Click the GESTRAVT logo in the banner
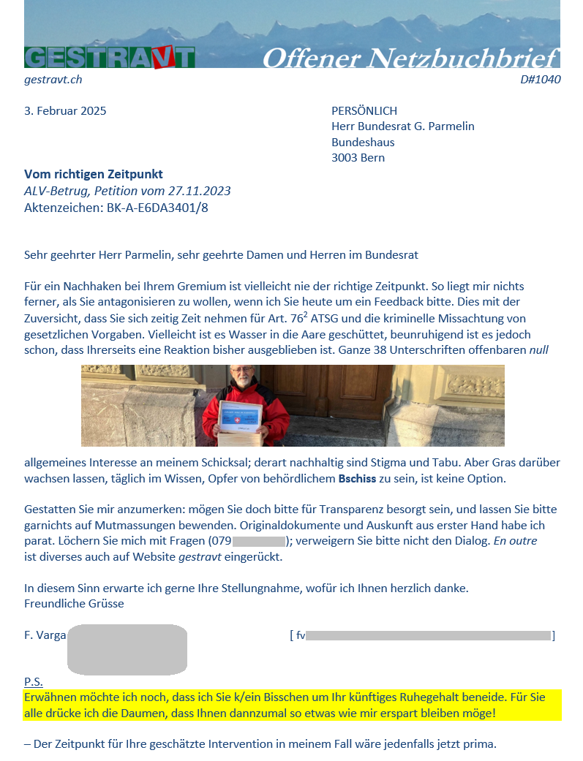pyautogui.click(x=110, y=57)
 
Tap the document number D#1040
pyautogui.click(x=540, y=80)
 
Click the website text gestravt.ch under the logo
pyautogui.click(x=53, y=80)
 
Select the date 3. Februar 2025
pyautogui.click(x=65, y=111)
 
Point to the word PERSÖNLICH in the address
pyautogui.click(x=364, y=111)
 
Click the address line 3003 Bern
pyautogui.click(x=358, y=158)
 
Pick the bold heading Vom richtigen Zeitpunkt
pyautogui.click(x=94, y=175)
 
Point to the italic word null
pyautogui.click(x=538, y=350)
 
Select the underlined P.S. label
pyautogui.click(x=34, y=681)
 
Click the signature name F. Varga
pyautogui.click(x=45, y=635)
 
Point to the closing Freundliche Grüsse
pyautogui.click(x=74, y=604)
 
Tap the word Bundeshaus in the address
pyautogui.click(x=363, y=142)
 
